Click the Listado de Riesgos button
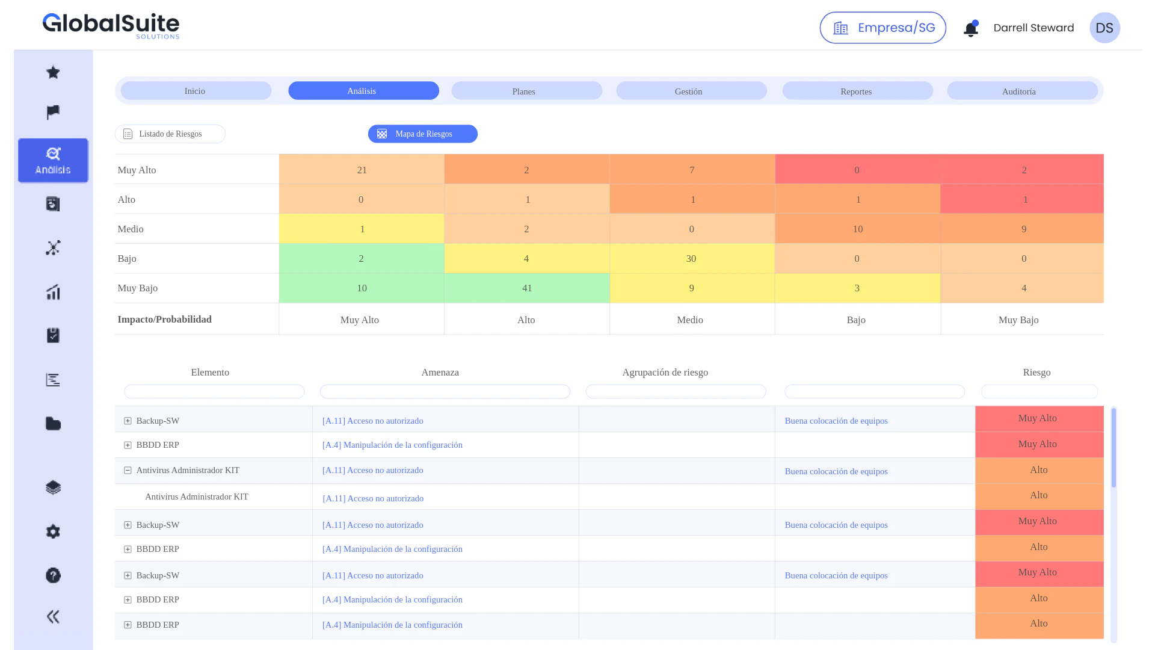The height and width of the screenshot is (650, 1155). pos(170,134)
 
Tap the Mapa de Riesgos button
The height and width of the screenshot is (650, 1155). pos(422,134)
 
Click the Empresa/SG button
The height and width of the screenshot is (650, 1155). pos(882,28)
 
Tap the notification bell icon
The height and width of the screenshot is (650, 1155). pos(971,28)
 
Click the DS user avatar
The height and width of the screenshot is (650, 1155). pos(1104,28)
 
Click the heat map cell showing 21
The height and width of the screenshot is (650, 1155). pos(362,169)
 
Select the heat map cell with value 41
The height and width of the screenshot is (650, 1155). pos(527,288)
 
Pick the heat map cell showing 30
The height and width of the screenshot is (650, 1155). pos(692,258)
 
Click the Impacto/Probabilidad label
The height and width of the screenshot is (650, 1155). pos(165,319)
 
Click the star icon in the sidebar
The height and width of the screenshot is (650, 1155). pos(53,72)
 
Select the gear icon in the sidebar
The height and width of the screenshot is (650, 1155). pos(53,531)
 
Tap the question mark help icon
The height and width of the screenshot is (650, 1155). pos(53,575)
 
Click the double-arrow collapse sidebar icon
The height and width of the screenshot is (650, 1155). pos(53,616)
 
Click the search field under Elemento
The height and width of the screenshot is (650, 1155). pos(214,392)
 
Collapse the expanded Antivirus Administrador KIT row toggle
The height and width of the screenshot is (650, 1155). pos(128,470)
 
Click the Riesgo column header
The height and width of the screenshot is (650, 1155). pos(1036,372)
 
